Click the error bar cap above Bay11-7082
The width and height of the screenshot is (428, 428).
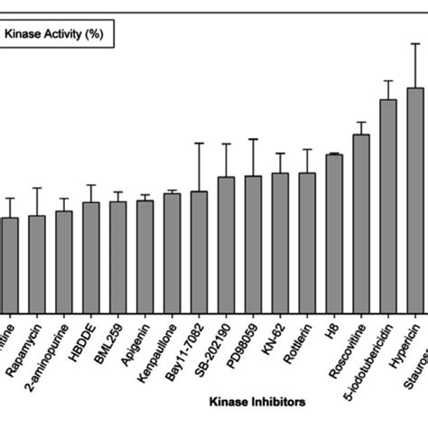tap(199, 143)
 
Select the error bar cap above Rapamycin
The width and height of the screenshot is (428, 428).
tap(37, 188)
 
